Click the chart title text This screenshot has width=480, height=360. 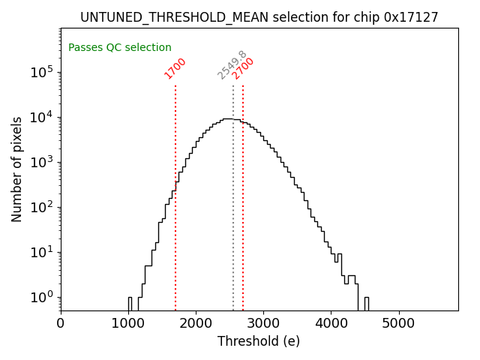(259, 17)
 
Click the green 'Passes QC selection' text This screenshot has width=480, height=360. (120, 47)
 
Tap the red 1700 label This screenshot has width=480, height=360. (175, 68)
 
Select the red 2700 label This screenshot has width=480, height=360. (243, 68)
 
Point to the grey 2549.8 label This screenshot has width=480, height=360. (232, 65)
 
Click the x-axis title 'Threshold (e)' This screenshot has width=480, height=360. (259, 341)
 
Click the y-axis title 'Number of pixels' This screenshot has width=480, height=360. (17, 169)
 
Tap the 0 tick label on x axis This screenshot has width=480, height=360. (61, 323)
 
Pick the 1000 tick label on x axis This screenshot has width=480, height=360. (128, 323)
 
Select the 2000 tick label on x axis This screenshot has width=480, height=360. (196, 323)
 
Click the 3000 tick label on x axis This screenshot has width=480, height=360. (263, 323)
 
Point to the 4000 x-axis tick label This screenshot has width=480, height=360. (331, 323)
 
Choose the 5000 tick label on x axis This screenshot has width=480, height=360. (398, 323)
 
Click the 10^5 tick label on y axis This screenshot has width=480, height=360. (41, 72)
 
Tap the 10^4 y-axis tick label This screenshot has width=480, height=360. (41, 117)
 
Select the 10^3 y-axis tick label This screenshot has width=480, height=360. (41, 162)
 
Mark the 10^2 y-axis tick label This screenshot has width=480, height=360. (41, 207)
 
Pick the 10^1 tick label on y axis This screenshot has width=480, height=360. (41, 252)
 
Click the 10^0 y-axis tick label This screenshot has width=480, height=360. (41, 297)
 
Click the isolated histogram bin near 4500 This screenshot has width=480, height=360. (366, 303)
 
